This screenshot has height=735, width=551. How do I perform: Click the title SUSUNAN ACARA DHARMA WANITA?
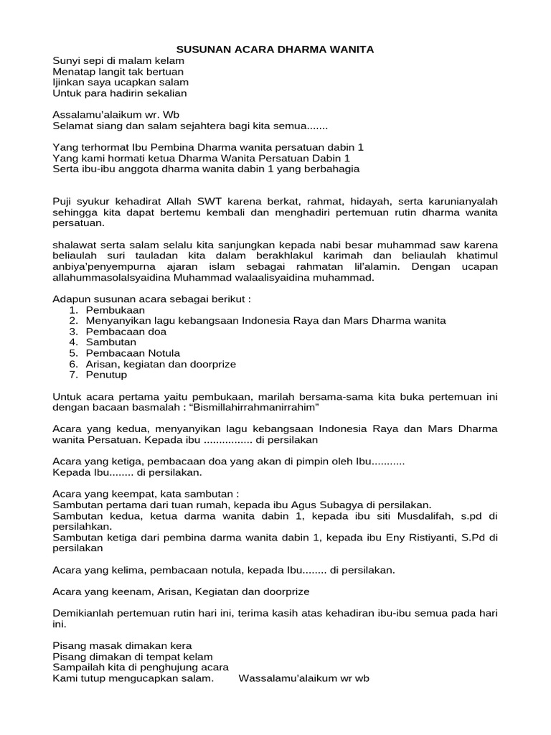(x=275, y=49)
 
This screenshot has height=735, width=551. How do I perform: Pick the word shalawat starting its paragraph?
(x=76, y=245)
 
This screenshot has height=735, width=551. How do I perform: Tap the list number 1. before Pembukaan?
(x=74, y=309)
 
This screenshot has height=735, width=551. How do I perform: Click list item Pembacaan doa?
(x=126, y=332)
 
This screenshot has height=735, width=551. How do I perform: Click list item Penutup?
(x=106, y=375)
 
